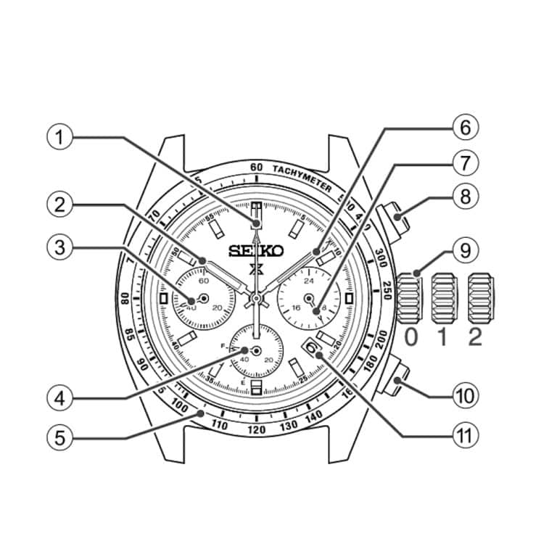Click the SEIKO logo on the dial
(x=255, y=251)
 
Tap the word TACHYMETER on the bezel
(x=303, y=176)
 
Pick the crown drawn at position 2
(x=482, y=298)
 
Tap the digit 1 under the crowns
(x=445, y=337)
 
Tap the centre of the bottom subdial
(x=256, y=350)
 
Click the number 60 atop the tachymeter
(x=256, y=167)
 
